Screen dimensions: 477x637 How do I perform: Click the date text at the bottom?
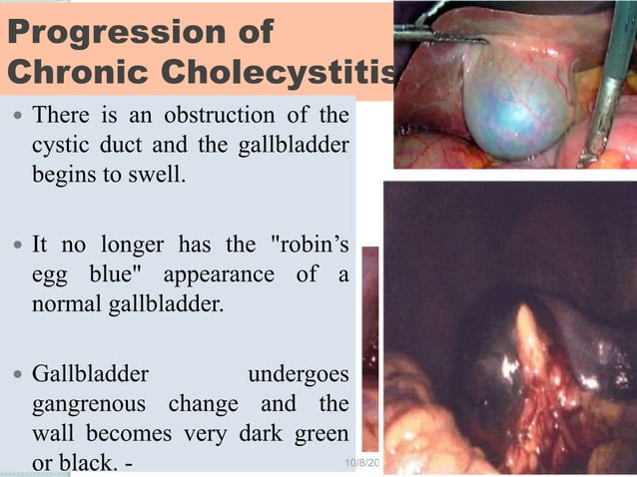tap(356, 465)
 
